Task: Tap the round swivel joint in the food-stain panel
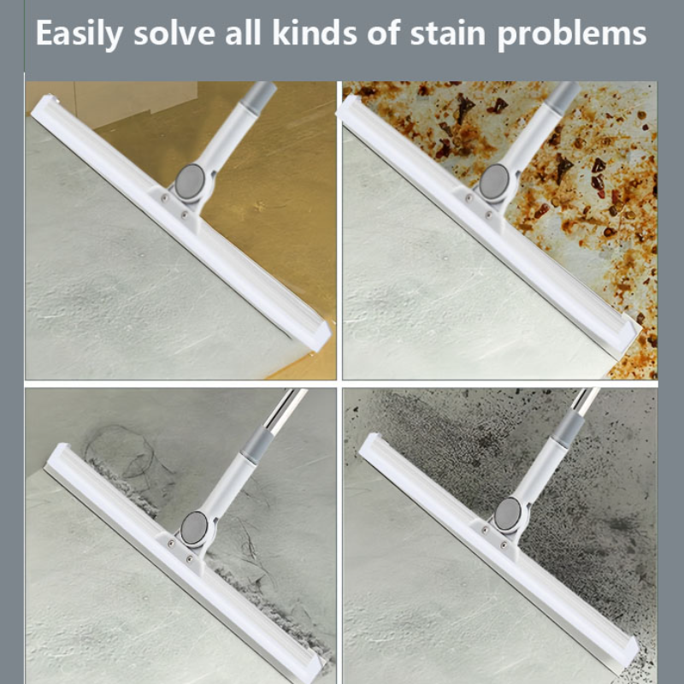[x=495, y=182]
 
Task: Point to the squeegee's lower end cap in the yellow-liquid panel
[x=315, y=335]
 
